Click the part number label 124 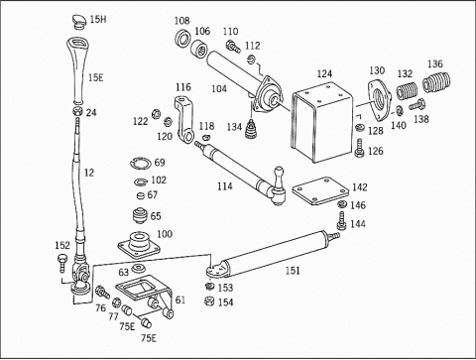(x=324, y=73)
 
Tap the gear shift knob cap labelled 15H (x=80, y=22)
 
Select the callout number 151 (x=293, y=271)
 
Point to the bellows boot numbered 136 (x=436, y=82)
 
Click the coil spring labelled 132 (x=407, y=90)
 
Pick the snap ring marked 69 (x=141, y=163)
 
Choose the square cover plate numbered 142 (x=320, y=191)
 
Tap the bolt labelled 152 (x=62, y=263)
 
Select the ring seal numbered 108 (x=181, y=39)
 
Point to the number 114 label (x=225, y=186)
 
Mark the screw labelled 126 (x=359, y=148)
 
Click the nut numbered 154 (x=209, y=301)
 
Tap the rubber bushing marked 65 (x=141, y=215)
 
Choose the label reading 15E (x=96, y=77)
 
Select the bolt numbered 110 (x=233, y=47)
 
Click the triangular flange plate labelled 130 (x=379, y=99)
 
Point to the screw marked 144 (x=341, y=221)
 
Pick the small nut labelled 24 (x=77, y=111)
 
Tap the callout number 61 (x=180, y=300)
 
